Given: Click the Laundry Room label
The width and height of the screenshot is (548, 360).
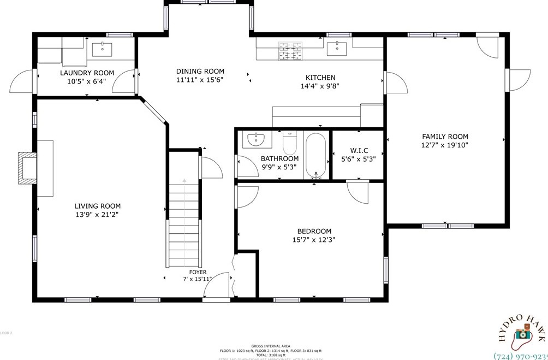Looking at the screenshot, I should click(87, 73).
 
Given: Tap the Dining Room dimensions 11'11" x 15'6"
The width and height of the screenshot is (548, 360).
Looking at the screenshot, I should click(200, 80).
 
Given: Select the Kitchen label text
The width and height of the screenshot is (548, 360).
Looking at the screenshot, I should click(320, 78).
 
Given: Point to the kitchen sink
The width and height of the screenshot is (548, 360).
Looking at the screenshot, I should click(337, 48).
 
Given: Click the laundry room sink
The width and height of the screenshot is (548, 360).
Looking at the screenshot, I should click(102, 49).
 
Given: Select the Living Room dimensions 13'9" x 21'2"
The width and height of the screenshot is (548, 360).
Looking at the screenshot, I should click(97, 215).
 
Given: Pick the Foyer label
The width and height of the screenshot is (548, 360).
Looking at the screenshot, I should click(198, 272).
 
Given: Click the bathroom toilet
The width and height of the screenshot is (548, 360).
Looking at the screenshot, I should click(289, 143).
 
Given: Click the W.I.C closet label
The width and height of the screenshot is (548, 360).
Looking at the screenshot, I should click(358, 151).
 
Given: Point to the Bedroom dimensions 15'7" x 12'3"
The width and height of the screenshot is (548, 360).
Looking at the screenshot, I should click(314, 239).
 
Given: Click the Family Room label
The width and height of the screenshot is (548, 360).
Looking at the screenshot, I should click(445, 137).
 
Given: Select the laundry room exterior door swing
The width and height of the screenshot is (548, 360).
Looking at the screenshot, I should click(23, 82).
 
